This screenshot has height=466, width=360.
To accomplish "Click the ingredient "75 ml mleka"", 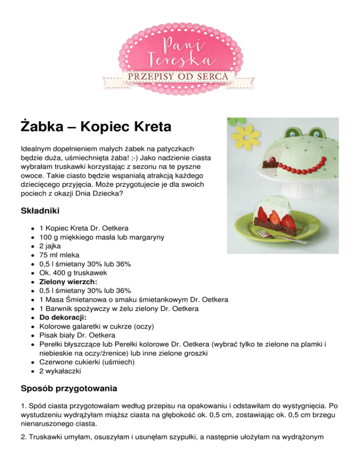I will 59,256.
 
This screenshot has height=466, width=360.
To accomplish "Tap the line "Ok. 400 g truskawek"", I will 71,273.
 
